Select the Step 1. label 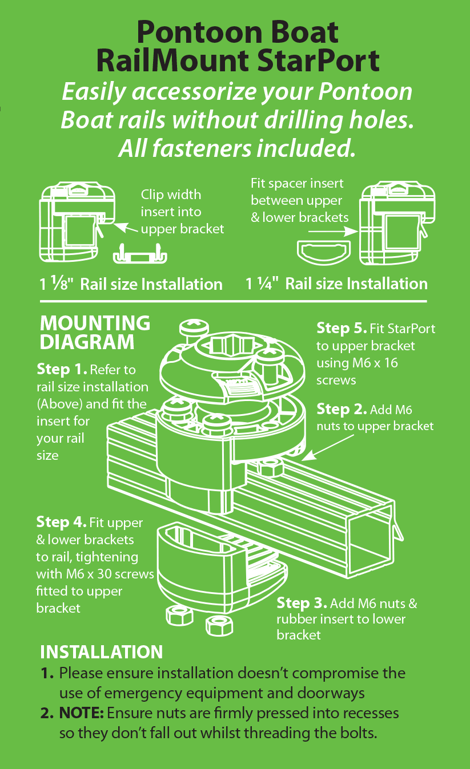pyautogui.click(x=62, y=369)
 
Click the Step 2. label pyautogui.click(x=342, y=410)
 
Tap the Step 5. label pyautogui.click(x=342, y=329)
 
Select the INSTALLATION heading pyautogui.click(x=101, y=652)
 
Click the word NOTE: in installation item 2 pyautogui.click(x=81, y=713)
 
